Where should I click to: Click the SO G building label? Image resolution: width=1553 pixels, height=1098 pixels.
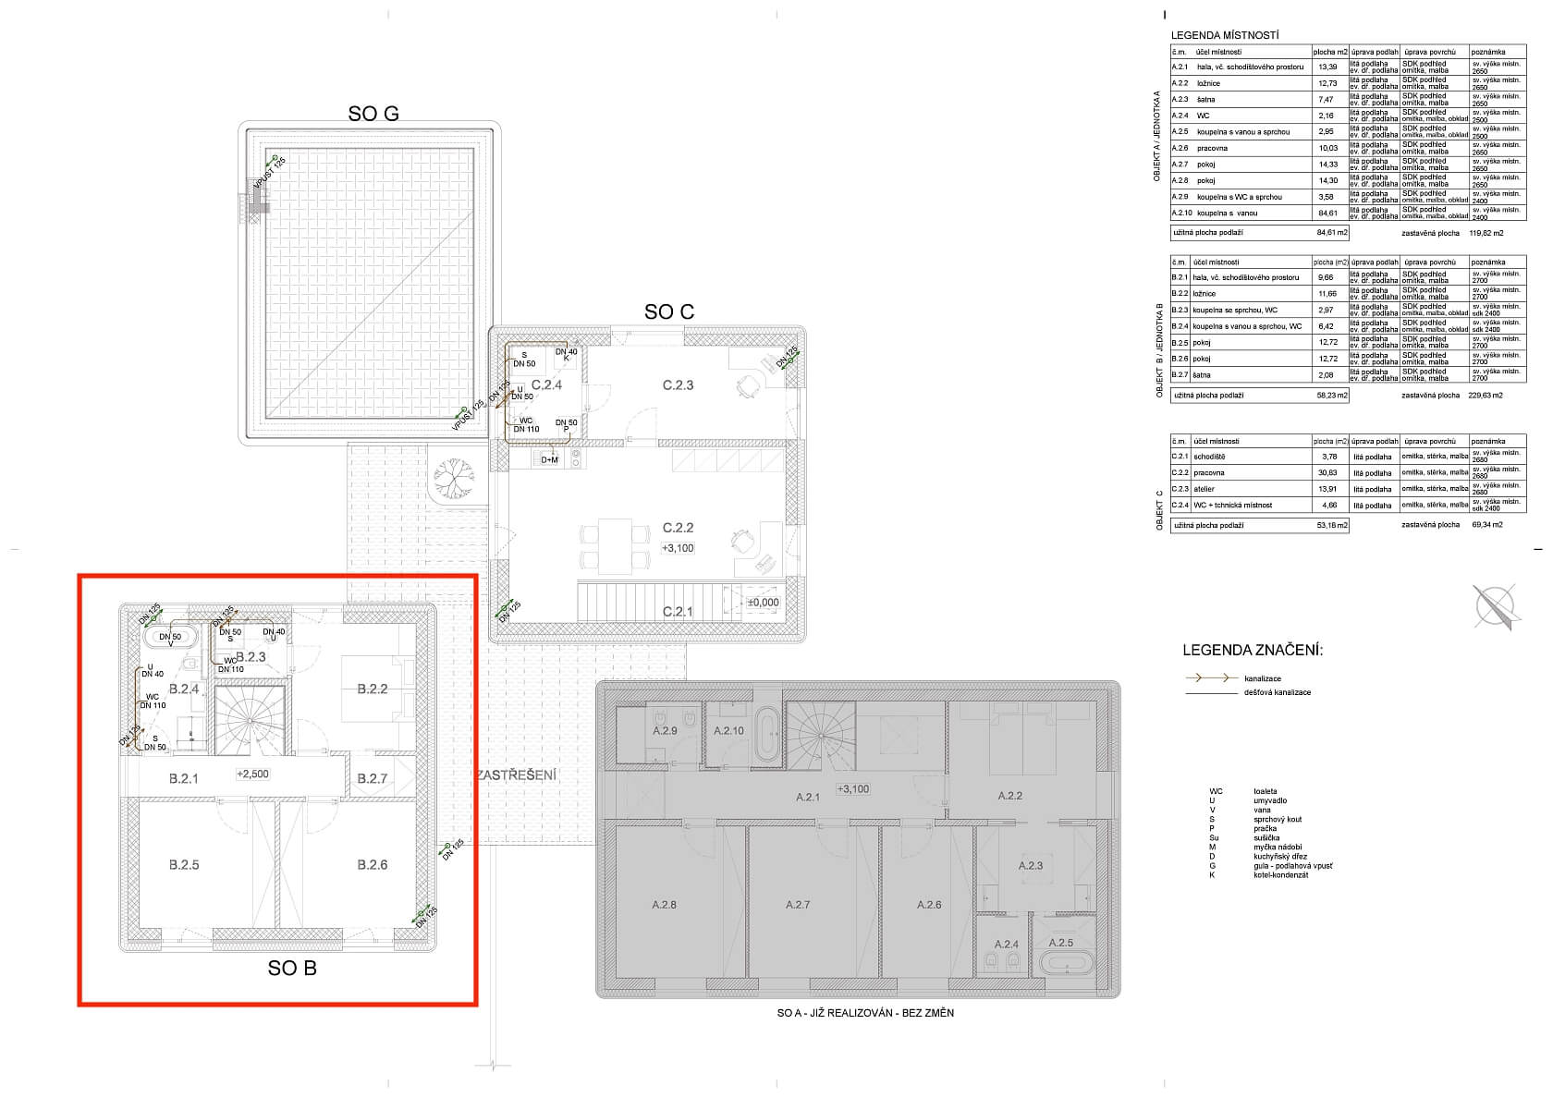[373, 114]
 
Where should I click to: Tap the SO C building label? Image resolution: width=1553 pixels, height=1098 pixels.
[669, 312]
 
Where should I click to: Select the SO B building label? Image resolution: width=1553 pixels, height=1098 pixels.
[292, 969]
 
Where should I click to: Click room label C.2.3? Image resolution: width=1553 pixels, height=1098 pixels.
[678, 385]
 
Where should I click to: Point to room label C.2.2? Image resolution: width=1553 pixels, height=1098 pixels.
[678, 528]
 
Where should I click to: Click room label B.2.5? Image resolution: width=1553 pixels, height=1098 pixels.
[184, 865]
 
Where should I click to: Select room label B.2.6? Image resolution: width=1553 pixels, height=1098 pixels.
[373, 865]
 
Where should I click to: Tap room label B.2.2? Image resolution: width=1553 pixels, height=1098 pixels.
[373, 689]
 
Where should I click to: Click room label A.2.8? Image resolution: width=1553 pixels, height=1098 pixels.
[664, 905]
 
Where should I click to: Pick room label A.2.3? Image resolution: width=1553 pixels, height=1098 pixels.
[1030, 866]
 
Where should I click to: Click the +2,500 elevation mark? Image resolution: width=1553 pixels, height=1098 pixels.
[252, 774]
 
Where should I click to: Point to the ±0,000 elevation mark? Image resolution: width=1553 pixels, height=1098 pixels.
[764, 603]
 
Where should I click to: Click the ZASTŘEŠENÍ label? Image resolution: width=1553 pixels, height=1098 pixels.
[518, 775]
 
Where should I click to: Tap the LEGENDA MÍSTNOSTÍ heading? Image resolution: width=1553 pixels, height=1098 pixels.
[1225, 35]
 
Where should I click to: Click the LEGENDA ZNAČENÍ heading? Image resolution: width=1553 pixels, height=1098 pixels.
[1253, 651]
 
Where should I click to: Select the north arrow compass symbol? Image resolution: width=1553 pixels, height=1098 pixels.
[1495, 607]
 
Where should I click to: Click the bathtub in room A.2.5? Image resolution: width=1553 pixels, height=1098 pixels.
[1066, 962]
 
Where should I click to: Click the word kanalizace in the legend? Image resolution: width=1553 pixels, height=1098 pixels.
[1263, 679]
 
